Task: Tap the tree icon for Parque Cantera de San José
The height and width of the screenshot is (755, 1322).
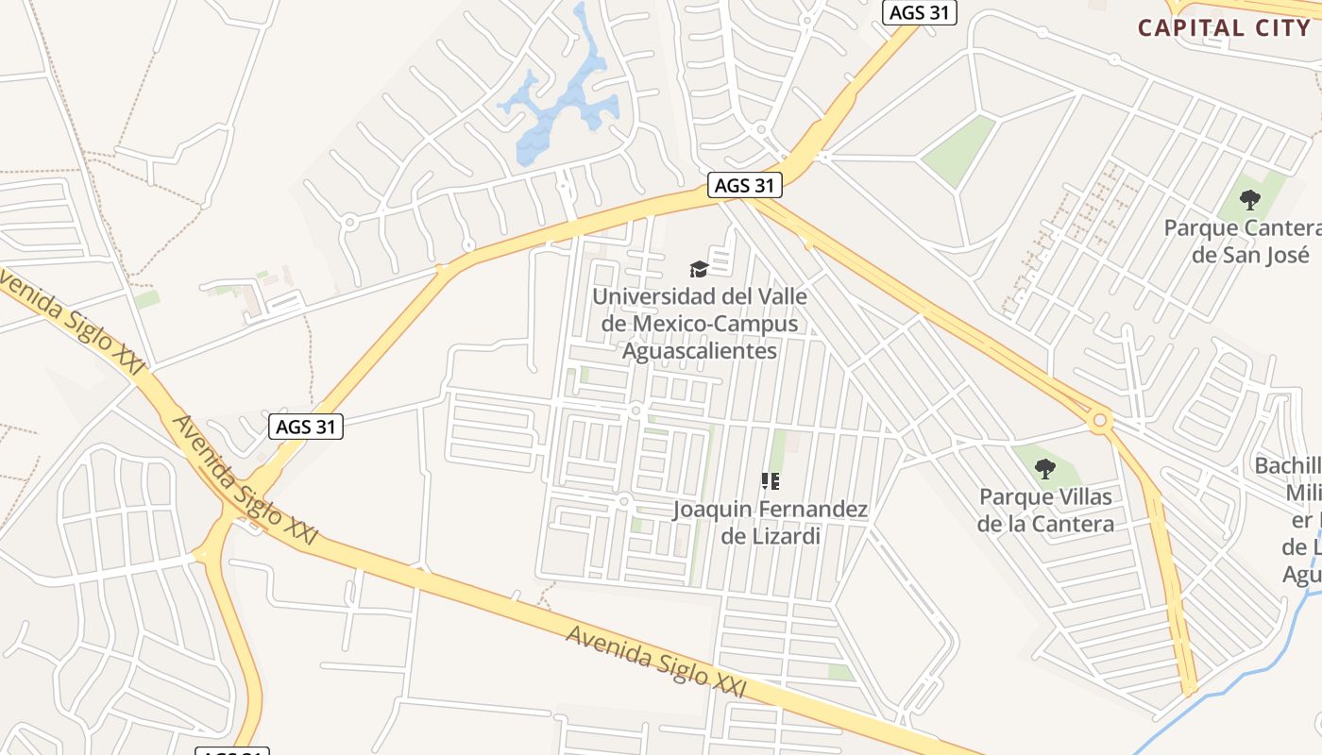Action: (x=1250, y=200)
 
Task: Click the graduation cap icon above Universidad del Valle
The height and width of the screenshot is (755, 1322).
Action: (x=699, y=270)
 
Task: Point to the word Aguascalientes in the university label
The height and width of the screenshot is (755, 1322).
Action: (x=699, y=351)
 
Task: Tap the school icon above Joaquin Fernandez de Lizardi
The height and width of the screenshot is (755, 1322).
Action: (x=771, y=482)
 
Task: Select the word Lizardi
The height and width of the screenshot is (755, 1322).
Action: (x=783, y=536)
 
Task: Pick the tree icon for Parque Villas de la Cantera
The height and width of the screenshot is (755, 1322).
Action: (x=1044, y=468)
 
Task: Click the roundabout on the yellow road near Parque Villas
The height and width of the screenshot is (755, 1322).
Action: (x=1099, y=419)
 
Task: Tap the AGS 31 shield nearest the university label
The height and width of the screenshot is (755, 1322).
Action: (x=745, y=186)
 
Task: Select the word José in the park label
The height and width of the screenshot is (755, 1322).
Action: (x=1289, y=255)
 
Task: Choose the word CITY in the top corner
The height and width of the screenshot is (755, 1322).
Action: (x=1273, y=26)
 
